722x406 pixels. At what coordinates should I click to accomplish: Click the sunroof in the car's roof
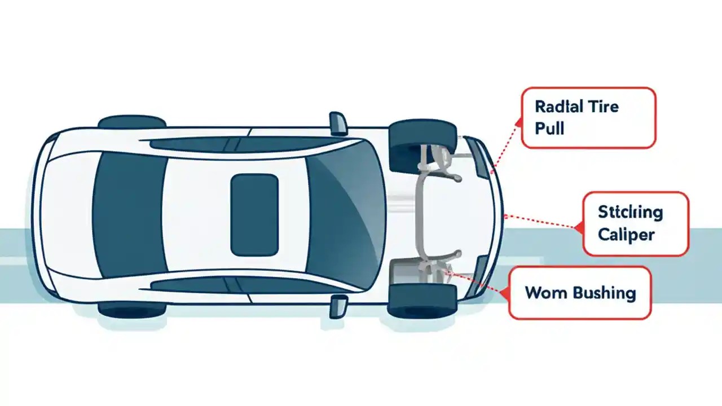254,214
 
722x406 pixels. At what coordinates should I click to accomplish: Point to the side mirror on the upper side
338,123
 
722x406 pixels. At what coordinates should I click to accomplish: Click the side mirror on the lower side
338,305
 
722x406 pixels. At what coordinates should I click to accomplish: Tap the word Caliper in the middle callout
626,233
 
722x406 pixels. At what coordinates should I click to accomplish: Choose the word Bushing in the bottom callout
604,293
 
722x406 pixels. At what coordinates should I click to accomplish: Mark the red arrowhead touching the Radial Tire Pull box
518,120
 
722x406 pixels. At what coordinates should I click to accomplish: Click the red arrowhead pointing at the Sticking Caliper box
578,228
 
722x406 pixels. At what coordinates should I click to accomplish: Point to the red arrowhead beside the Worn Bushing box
504,293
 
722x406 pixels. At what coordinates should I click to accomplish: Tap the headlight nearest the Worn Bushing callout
480,273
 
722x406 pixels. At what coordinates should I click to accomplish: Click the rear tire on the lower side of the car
132,308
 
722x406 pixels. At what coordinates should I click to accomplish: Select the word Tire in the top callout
602,107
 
